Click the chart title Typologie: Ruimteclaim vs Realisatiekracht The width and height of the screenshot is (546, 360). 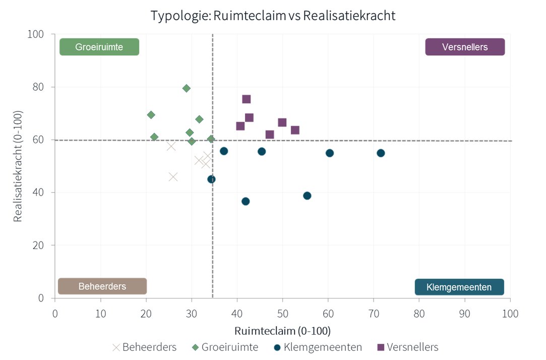[x=273, y=16]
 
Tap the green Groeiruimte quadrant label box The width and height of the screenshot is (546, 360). [x=99, y=47]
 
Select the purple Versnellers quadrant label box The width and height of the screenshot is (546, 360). [x=465, y=47]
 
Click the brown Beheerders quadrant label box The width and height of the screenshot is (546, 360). [x=102, y=286]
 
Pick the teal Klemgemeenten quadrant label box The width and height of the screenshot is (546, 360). [x=459, y=287]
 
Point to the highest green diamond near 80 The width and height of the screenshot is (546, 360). [x=187, y=88]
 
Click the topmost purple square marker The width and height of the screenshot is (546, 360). [x=247, y=99]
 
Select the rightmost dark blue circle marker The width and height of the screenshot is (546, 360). [x=381, y=153]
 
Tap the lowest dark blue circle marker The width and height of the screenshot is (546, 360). [x=246, y=201]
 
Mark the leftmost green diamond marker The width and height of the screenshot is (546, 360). [x=151, y=115]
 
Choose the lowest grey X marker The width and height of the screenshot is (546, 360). [x=173, y=177]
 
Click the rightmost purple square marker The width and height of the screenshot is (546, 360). [x=295, y=130]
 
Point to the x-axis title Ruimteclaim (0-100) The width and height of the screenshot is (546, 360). [x=282, y=331]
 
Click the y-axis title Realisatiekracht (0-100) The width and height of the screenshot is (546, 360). [x=18, y=166]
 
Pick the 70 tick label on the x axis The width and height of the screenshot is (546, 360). [x=374, y=313]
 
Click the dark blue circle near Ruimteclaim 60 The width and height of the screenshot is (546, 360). [x=330, y=153]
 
